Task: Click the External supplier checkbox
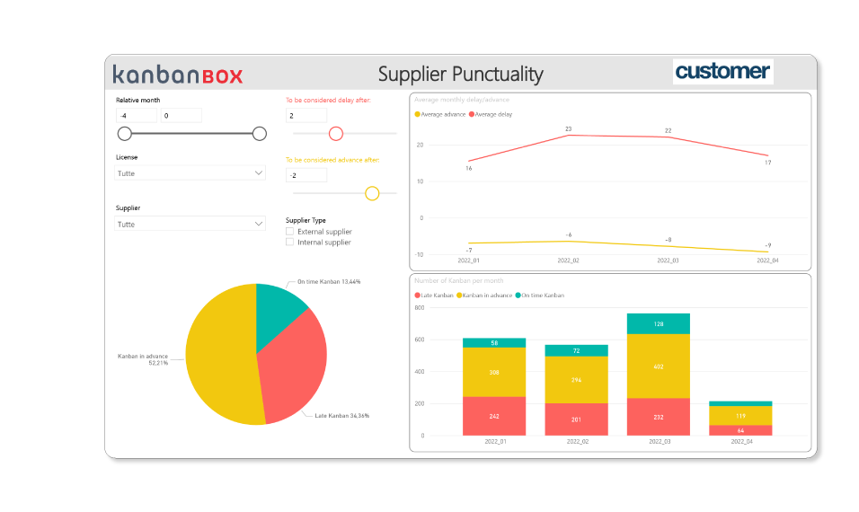tap(290, 232)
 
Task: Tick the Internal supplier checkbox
tap(290, 243)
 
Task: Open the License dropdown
tap(190, 172)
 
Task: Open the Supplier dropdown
tap(190, 224)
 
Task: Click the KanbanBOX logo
tap(178, 75)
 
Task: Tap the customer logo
tap(722, 72)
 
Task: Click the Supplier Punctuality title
tap(460, 74)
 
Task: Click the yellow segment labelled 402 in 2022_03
tap(658, 366)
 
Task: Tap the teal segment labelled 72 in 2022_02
tap(576, 350)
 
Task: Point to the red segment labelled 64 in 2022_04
tap(740, 430)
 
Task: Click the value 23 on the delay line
tap(568, 129)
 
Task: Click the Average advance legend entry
tap(441, 114)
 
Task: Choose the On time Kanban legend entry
tap(543, 296)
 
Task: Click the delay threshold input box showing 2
tap(306, 116)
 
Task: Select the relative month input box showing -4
tap(137, 116)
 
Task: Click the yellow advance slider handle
tap(372, 193)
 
